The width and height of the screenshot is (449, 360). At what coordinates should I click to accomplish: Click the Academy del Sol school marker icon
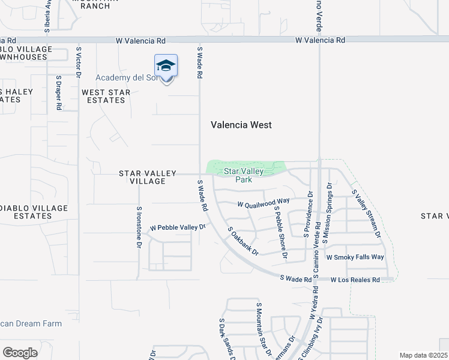coord(166,67)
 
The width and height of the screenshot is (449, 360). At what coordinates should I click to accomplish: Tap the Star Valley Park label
coord(243,175)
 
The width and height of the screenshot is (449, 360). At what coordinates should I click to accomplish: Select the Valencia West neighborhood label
coord(241,125)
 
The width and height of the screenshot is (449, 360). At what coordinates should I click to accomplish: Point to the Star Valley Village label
coord(148,177)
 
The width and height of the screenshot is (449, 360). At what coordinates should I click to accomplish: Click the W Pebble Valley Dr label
coord(178,228)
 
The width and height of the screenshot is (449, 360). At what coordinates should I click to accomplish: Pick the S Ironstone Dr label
coord(139,226)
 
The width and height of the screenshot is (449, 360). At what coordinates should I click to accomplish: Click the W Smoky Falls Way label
coord(355,257)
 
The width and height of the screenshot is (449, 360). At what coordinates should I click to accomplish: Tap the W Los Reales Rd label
coord(355,280)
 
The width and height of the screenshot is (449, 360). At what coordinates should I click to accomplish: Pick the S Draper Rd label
coord(59,92)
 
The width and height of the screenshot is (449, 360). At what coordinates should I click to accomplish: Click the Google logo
coord(20,352)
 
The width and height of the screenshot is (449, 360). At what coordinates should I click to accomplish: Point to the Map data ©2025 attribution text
coord(423,355)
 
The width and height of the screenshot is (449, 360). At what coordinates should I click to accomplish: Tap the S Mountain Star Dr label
coord(262,329)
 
